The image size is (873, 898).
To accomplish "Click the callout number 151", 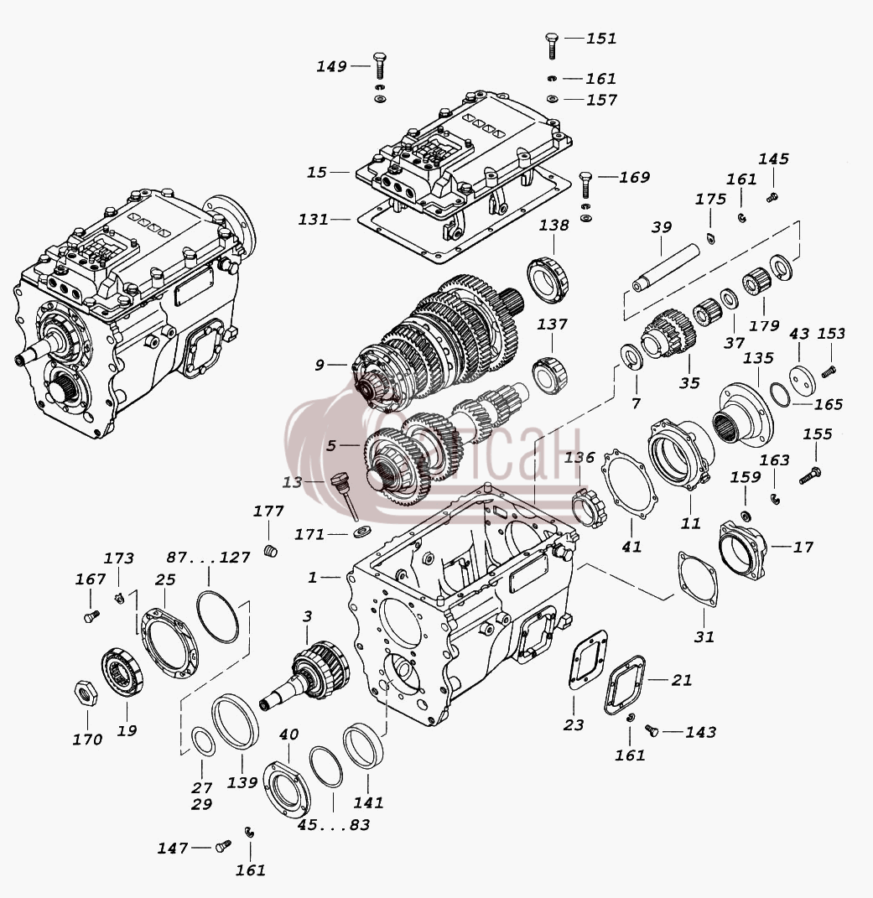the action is [601, 39].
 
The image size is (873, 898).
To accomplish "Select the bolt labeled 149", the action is [379, 66].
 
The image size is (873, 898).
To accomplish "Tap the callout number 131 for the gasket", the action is [314, 220].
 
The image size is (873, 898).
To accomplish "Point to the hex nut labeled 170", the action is [86, 693].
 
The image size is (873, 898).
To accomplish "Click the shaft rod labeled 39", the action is [666, 267].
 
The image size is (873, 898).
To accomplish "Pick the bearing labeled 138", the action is [548, 279].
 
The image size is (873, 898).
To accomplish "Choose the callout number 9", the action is [320, 365].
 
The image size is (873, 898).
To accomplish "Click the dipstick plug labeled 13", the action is [345, 494].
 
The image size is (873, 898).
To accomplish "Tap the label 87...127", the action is [209, 558].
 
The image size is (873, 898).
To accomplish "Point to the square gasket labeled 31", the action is [698, 580].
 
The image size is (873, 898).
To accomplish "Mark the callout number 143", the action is [700, 732].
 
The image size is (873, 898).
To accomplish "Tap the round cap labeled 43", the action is [802, 380].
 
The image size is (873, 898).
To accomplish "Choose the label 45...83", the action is [334, 825].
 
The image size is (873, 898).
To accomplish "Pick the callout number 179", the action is [764, 326].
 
